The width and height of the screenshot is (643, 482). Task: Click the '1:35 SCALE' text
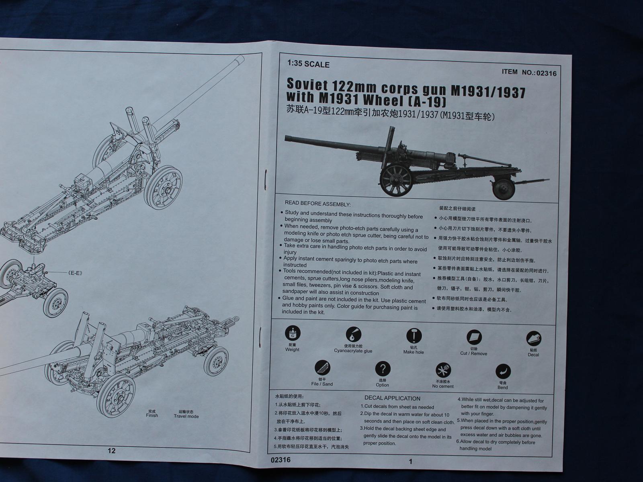pos(308,64)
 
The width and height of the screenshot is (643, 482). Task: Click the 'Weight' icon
pos(293,334)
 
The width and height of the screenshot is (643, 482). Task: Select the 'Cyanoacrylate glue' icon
pos(353,335)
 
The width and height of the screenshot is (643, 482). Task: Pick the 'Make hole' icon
pos(413,336)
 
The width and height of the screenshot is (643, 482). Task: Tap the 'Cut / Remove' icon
pos(474,338)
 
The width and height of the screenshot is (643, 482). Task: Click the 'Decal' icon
pos(534,339)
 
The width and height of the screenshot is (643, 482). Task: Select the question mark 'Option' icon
pos(383,369)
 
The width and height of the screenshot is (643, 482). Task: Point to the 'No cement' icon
pos(443,370)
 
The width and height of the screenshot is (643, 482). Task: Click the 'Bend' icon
pos(503,372)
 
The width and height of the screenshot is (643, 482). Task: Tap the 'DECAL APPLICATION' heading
pos(392,398)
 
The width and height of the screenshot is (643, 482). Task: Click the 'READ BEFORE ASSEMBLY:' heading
pos(317,204)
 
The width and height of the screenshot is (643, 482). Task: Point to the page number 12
pos(112,451)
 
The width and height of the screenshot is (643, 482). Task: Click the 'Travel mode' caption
pos(186,416)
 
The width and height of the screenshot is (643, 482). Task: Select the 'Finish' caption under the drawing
pos(152,415)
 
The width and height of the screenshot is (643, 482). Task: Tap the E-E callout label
pos(76,273)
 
